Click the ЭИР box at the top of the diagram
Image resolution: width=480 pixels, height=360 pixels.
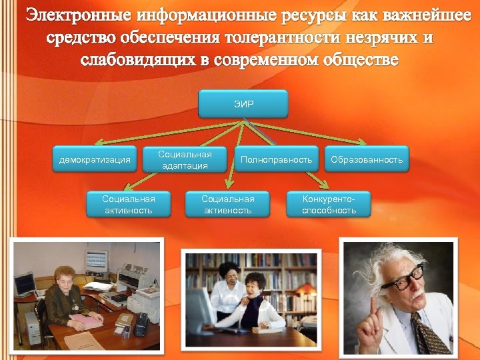[x=243, y=104]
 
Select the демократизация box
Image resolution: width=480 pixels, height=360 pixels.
[x=95, y=160]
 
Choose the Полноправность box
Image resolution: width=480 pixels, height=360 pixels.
[x=276, y=160]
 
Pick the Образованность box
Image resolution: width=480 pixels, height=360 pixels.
[x=367, y=160]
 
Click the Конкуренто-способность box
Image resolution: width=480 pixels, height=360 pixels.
[x=329, y=205]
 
